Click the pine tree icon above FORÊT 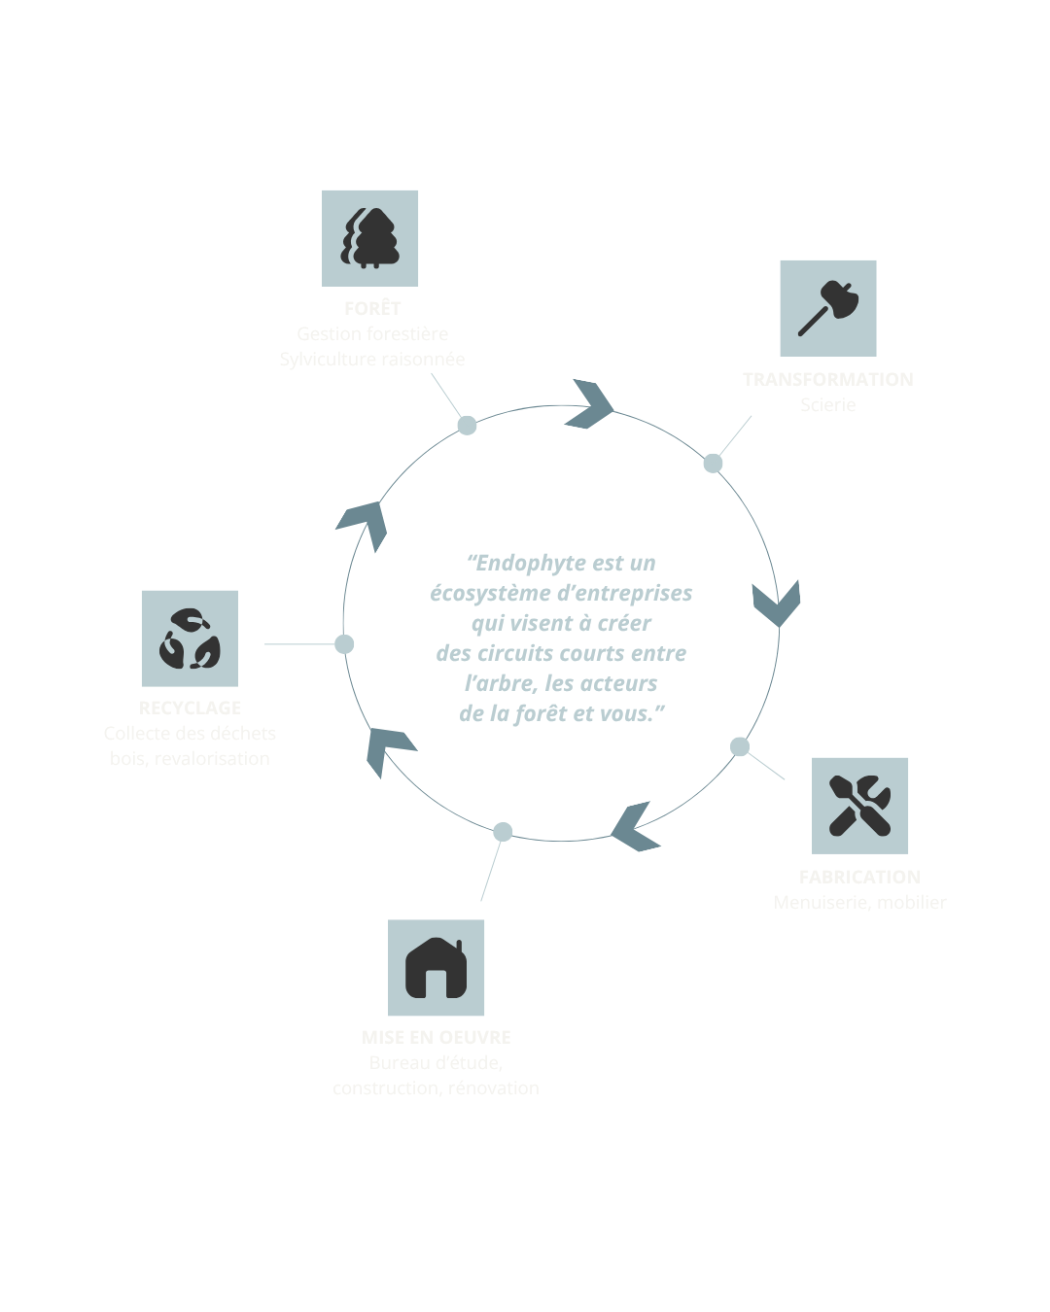point(370,238)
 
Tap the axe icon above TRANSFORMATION point(828,307)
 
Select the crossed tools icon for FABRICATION point(860,806)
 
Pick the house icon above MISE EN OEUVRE point(437,968)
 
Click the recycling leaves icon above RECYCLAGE point(190,639)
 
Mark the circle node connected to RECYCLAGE point(344,643)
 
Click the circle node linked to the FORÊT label point(468,425)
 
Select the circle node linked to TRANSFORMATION point(713,463)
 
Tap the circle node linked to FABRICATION point(740,746)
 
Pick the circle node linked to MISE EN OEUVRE point(503,832)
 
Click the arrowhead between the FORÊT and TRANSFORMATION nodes point(591,404)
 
